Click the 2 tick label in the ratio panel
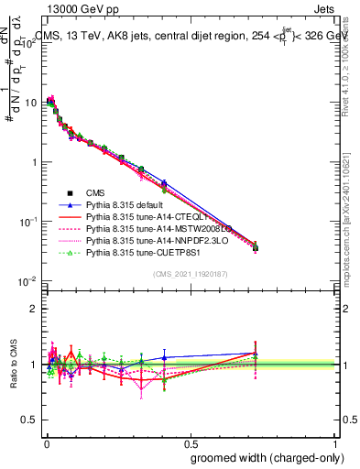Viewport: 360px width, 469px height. point(34,309)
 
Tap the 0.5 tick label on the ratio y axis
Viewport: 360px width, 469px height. point(29,420)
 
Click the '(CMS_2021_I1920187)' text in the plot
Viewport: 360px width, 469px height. point(190,273)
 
